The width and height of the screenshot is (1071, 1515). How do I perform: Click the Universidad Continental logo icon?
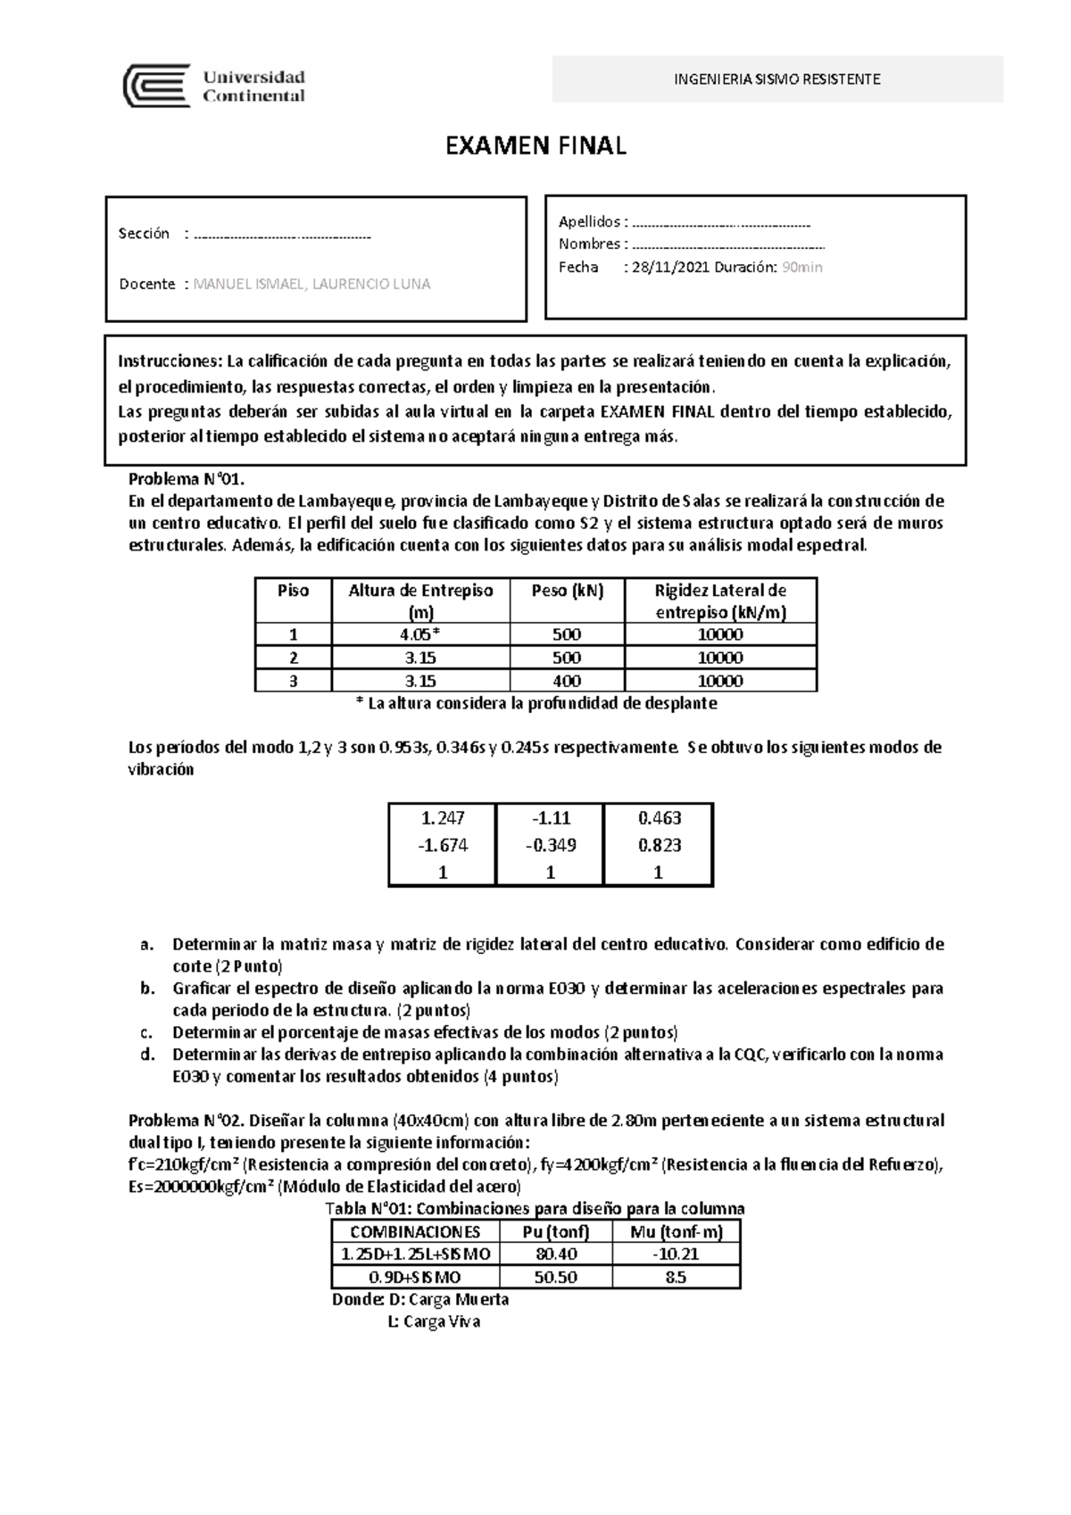(x=156, y=86)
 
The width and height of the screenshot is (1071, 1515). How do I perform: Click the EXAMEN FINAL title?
(x=535, y=146)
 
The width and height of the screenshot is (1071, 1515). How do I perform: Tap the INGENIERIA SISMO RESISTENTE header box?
(x=777, y=79)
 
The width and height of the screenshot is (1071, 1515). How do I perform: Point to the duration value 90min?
(x=801, y=267)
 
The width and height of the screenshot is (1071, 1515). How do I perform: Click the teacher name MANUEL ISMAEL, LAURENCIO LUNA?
(x=311, y=284)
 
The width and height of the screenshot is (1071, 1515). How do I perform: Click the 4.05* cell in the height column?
(x=420, y=635)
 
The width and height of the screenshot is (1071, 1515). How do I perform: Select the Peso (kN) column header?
(x=567, y=591)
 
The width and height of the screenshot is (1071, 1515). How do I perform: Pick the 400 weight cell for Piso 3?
(x=567, y=681)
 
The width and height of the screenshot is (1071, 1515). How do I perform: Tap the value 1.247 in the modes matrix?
(x=442, y=817)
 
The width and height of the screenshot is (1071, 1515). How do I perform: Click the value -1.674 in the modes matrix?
(x=442, y=845)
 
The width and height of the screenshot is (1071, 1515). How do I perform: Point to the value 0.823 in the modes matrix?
(x=659, y=845)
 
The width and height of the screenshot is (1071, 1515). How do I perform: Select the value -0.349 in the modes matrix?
(x=550, y=845)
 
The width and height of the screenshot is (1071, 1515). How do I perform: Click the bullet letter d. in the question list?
(x=146, y=1055)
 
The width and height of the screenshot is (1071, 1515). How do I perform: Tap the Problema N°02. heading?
(x=184, y=1121)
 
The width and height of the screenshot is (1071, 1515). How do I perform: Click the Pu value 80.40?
(x=556, y=1254)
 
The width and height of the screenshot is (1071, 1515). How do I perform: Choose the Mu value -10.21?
(x=675, y=1254)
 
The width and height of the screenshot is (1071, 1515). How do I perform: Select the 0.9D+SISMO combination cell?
(x=415, y=1278)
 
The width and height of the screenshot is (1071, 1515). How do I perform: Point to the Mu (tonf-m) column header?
(x=675, y=1232)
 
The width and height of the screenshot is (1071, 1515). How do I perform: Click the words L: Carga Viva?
(x=434, y=1322)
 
